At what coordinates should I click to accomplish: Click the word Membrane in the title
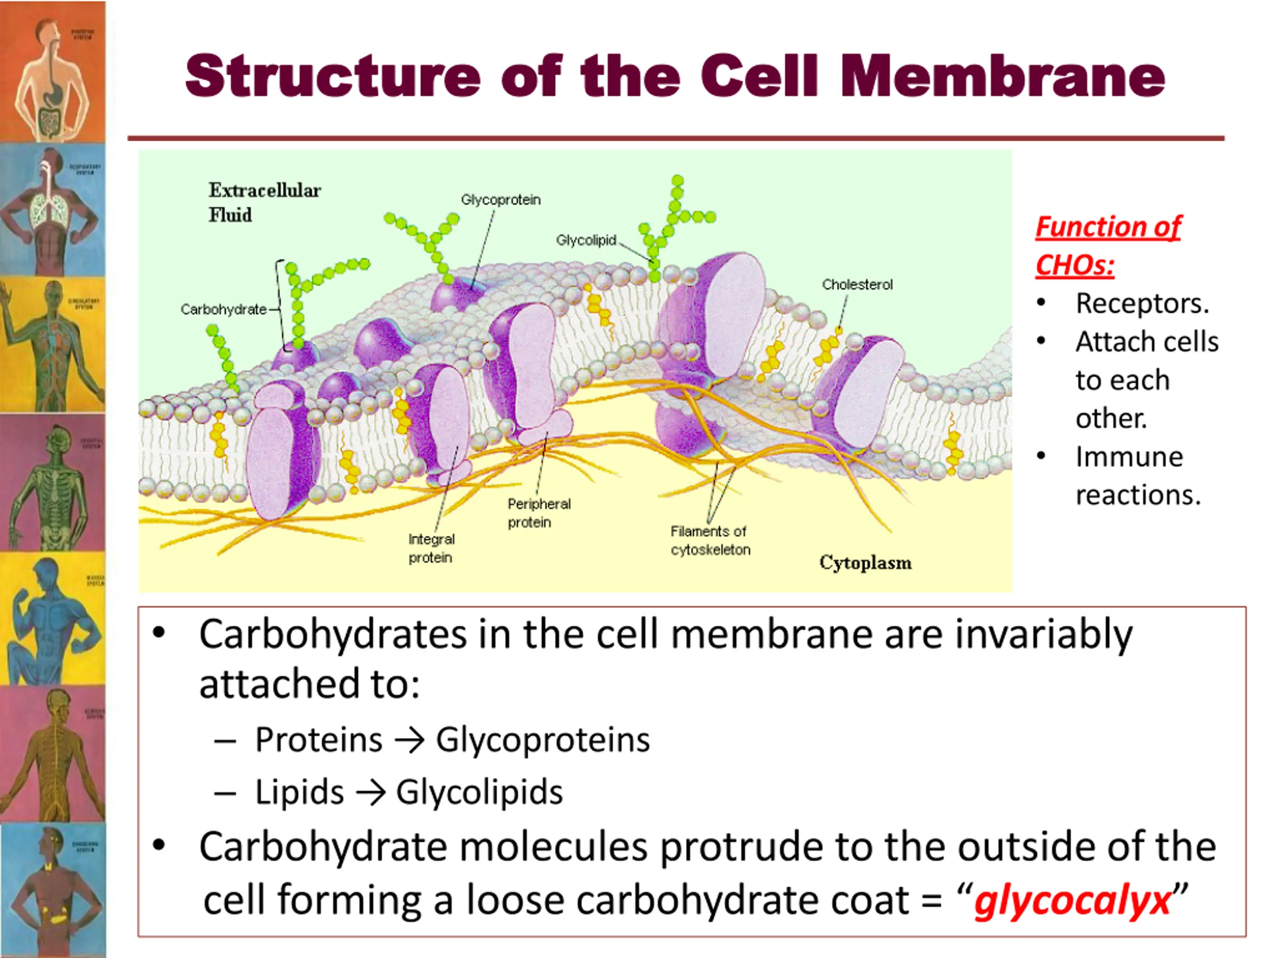click(x=1002, y=76)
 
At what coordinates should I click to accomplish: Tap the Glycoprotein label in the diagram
click(x=500, y=200)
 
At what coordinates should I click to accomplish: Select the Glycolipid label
click(x=586, y=240)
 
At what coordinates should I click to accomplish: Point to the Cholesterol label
click(x=857, y=285)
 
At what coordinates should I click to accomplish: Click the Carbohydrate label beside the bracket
click(x=223, y=309)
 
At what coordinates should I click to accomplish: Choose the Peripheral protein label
click(x=539, y=513)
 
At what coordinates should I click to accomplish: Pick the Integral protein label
click(x=431, y=548)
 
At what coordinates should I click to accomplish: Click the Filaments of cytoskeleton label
click(x=710, y=540)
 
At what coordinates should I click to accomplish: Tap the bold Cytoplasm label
click(x=865, y=562)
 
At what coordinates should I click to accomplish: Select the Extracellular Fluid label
click(x=264, y=202)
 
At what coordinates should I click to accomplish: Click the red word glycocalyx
click(x=1072, y=900)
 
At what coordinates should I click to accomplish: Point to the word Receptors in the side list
click(x=1142, y=303)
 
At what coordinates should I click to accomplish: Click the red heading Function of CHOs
click(x=1108, y=245)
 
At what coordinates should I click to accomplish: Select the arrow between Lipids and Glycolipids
click(x=370, y=793)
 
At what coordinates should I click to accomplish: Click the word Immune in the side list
click(x=1129, y=457)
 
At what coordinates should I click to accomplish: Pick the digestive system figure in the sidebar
click(x=52, y=72)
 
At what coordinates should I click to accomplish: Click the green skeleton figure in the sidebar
click(x=52, y=482)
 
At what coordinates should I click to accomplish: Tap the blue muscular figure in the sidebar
click(x=52, y=618)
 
